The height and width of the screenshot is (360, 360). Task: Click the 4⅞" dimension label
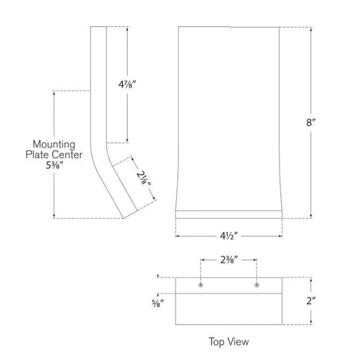point(127,84)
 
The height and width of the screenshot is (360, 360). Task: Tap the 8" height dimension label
point(311,123)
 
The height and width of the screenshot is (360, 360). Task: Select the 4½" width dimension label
point(229,236)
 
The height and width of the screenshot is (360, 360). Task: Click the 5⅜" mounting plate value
point(54,165)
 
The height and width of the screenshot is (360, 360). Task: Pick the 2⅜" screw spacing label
point(229,260)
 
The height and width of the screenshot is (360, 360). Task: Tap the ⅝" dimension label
point(157,304)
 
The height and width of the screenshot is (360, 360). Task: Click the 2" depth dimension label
point(311,301)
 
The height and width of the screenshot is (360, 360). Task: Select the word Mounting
point(54,145)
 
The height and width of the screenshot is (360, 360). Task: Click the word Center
point(67,155)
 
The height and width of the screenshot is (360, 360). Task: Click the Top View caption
point(229,341)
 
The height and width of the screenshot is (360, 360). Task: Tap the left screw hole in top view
point(201,285)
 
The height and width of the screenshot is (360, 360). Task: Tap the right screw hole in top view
point(256,285)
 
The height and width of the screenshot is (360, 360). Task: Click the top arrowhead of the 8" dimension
point(311,29)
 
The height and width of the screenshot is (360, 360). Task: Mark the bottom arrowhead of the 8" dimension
point(311,216)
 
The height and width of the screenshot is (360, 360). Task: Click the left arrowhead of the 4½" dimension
point(178,236)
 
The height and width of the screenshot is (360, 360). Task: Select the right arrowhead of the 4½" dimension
point(280,236)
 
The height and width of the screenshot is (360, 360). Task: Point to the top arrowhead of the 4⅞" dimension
point(128,29)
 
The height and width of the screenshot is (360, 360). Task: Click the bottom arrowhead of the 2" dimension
point(311,322)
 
